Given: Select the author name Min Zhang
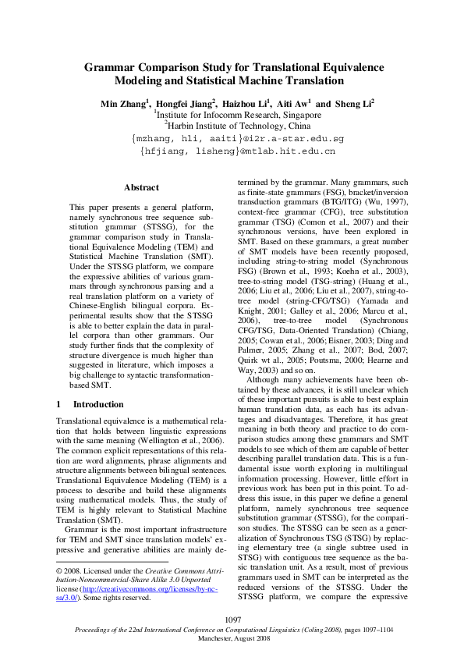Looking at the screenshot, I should click(122, 103).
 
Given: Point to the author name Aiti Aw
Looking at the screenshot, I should click(293, 103).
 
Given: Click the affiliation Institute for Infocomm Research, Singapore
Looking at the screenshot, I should click(238, 114).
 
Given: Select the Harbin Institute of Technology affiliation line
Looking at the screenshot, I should click(237, 125).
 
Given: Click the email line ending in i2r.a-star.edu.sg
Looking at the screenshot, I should click(237, 138).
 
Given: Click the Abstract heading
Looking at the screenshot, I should click(141, 187).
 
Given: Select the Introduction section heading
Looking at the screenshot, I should click(98, 404).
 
